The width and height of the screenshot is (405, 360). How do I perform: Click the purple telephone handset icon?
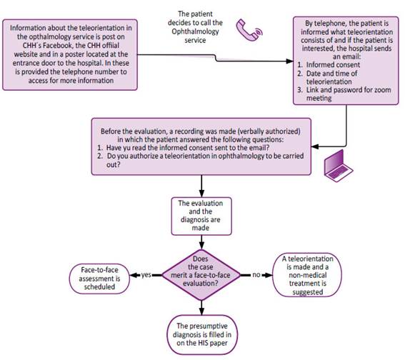tap(249, 30)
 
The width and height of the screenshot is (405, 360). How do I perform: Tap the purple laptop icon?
tap(339, 166)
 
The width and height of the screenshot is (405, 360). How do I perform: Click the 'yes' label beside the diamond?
tap(146, 275)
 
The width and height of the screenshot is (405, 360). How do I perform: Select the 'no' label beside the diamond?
tap(256, 275)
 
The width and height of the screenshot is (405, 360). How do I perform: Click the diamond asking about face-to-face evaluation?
tap(201, 275)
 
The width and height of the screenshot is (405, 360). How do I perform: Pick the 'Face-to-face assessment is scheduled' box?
tap(99, 279)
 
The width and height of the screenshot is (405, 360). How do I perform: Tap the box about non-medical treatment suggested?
tap(307, 275)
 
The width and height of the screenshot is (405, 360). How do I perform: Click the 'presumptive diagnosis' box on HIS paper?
tap(202, 335)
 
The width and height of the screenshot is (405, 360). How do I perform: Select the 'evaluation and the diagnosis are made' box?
tap(201, 216)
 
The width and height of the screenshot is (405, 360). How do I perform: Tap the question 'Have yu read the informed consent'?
tap(188, 148)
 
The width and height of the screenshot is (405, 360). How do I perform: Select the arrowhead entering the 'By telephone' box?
tap(290, 61)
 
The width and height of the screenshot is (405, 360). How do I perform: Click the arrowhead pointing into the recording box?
tap(315, 146)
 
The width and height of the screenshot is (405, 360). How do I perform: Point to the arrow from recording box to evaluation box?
tap(201, 186)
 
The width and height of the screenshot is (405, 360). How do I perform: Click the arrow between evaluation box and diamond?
tap(201, 242)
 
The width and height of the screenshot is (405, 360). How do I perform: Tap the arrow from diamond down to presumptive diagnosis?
tap(201, 308)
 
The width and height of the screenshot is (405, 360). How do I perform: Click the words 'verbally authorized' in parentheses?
tap(269, 131)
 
